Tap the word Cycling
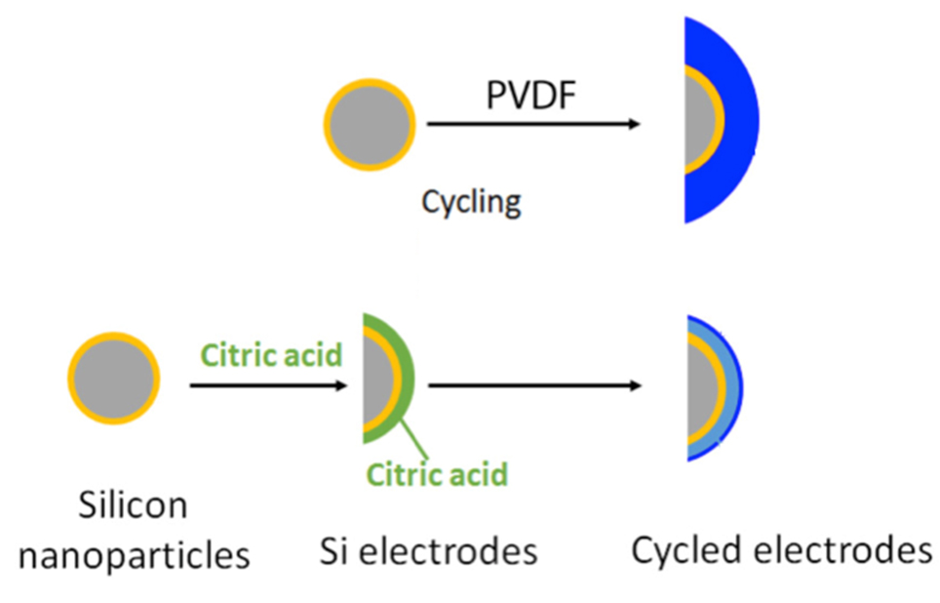(471, 202)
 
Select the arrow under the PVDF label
(532, 125)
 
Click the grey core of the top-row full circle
(370, 126)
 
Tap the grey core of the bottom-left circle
(115, 382)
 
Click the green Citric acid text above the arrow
(272, 354)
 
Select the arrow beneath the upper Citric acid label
(268, 385)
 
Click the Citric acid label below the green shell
(437, 475)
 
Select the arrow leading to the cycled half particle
(534, 385)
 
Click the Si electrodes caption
(429, 551)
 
